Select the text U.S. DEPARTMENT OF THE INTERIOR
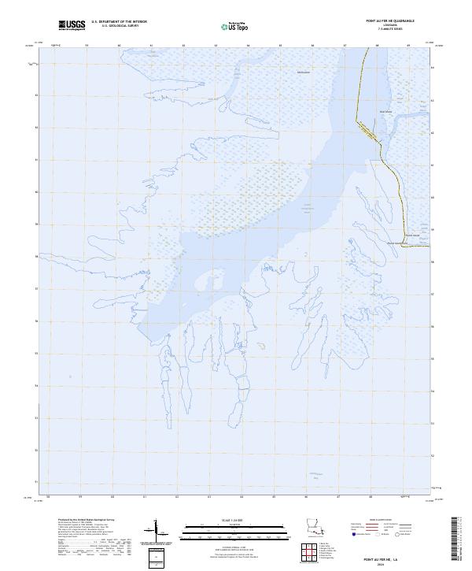119,22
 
